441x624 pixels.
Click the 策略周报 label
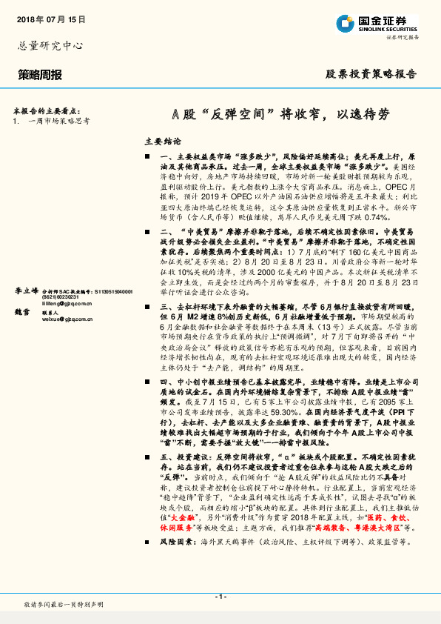tap(40, 74)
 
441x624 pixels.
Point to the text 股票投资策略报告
tap(371, 74)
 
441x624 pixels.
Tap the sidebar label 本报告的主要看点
tap(51, 108)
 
